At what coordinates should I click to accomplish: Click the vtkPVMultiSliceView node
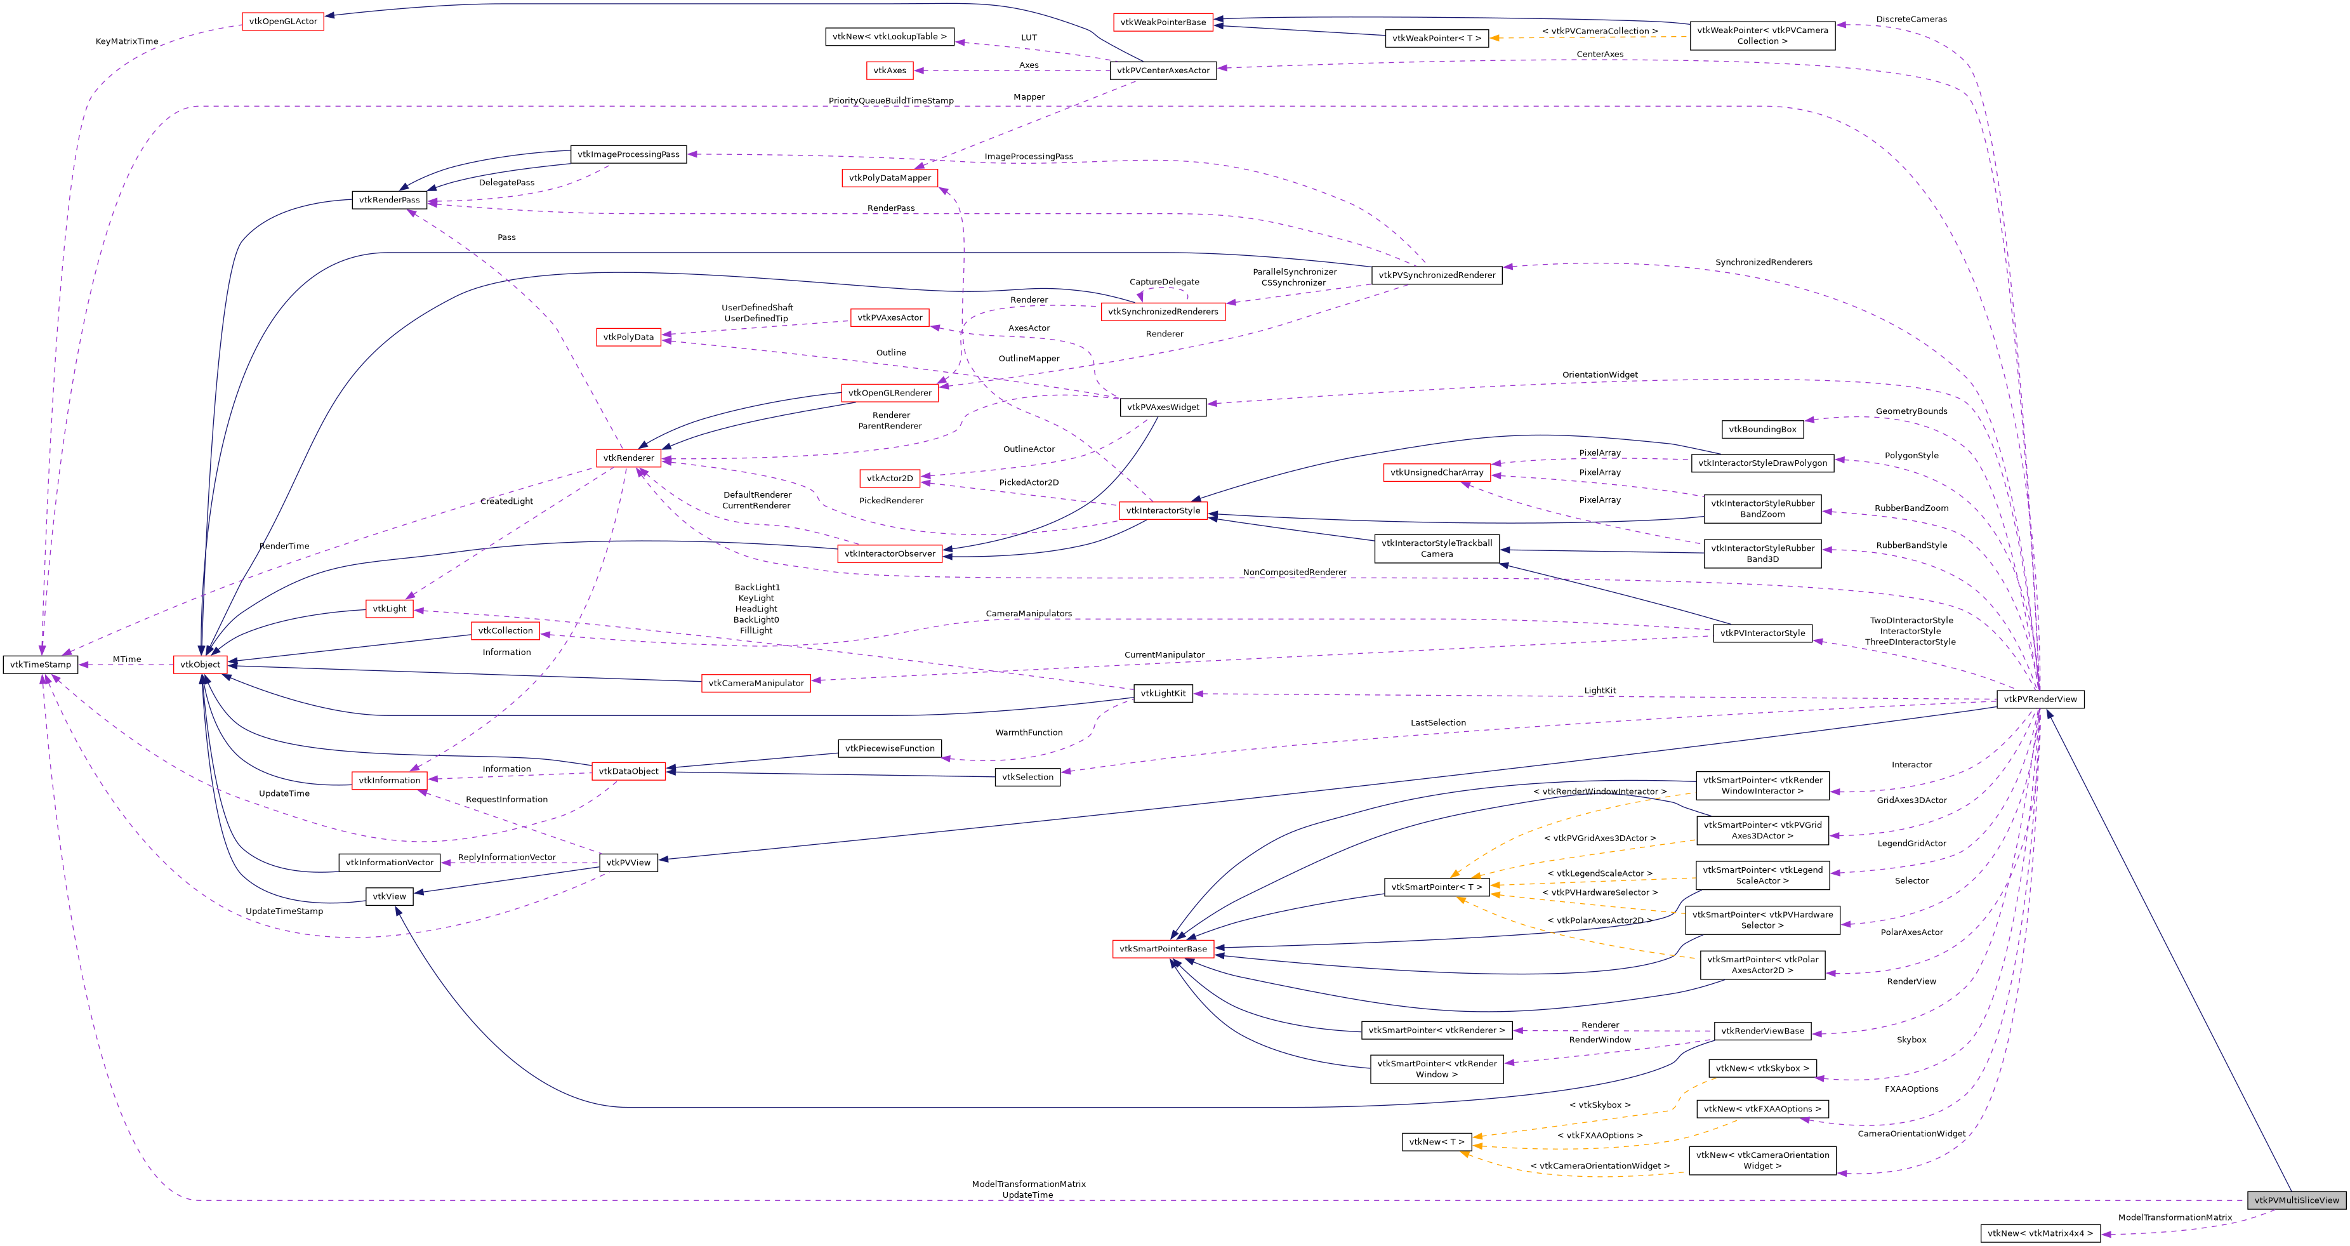(x=2296, y=1200)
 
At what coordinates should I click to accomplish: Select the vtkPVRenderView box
(x=2040, y=699)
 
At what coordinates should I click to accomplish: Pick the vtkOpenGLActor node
(x=283, y=21)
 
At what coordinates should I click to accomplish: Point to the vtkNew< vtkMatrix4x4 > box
(x=2040, y=1233)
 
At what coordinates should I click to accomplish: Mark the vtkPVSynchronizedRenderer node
(x=1436, y=275)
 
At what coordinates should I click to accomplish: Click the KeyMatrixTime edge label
(x=127, y=41)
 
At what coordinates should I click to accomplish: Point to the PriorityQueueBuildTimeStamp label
(x=890, y=100)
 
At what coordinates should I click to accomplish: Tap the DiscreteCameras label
(x=1911, y=19)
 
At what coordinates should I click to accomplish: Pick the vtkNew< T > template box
(x=1436, y=1141)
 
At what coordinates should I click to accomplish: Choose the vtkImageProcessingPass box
(x=628, y=154)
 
